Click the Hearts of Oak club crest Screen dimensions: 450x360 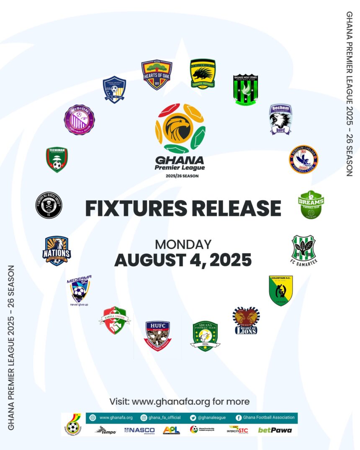point(157,75)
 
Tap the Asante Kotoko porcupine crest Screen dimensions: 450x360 point(203,73)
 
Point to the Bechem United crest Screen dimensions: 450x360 point(280,119)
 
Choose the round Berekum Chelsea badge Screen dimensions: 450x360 point(303,159)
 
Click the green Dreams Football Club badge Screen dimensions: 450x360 point(311,205)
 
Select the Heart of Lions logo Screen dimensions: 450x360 point(246,320)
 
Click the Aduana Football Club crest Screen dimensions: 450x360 point(205,336)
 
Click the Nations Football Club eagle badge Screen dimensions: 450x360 point(57,250)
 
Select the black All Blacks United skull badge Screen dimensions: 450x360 point(49,205)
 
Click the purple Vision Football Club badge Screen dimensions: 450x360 point(80,119)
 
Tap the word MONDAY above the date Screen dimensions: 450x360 point(183,244)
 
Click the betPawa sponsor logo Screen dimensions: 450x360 point(275,430)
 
